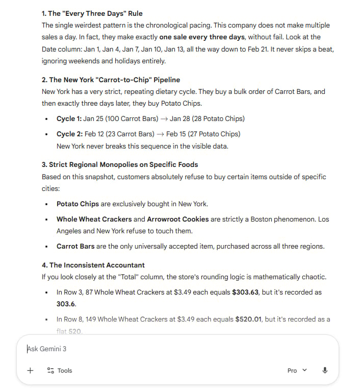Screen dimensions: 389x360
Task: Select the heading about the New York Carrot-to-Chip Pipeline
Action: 111,80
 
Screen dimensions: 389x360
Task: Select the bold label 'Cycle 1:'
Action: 69,119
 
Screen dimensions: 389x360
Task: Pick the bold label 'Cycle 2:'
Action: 69,134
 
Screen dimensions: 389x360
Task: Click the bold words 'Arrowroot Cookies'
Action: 178,219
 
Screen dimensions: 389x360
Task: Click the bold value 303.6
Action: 66,303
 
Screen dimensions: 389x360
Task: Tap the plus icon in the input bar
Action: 30,370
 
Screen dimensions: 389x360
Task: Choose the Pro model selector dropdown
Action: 297,370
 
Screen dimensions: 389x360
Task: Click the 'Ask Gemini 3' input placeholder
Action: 47,349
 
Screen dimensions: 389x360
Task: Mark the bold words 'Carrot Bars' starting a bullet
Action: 75,246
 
